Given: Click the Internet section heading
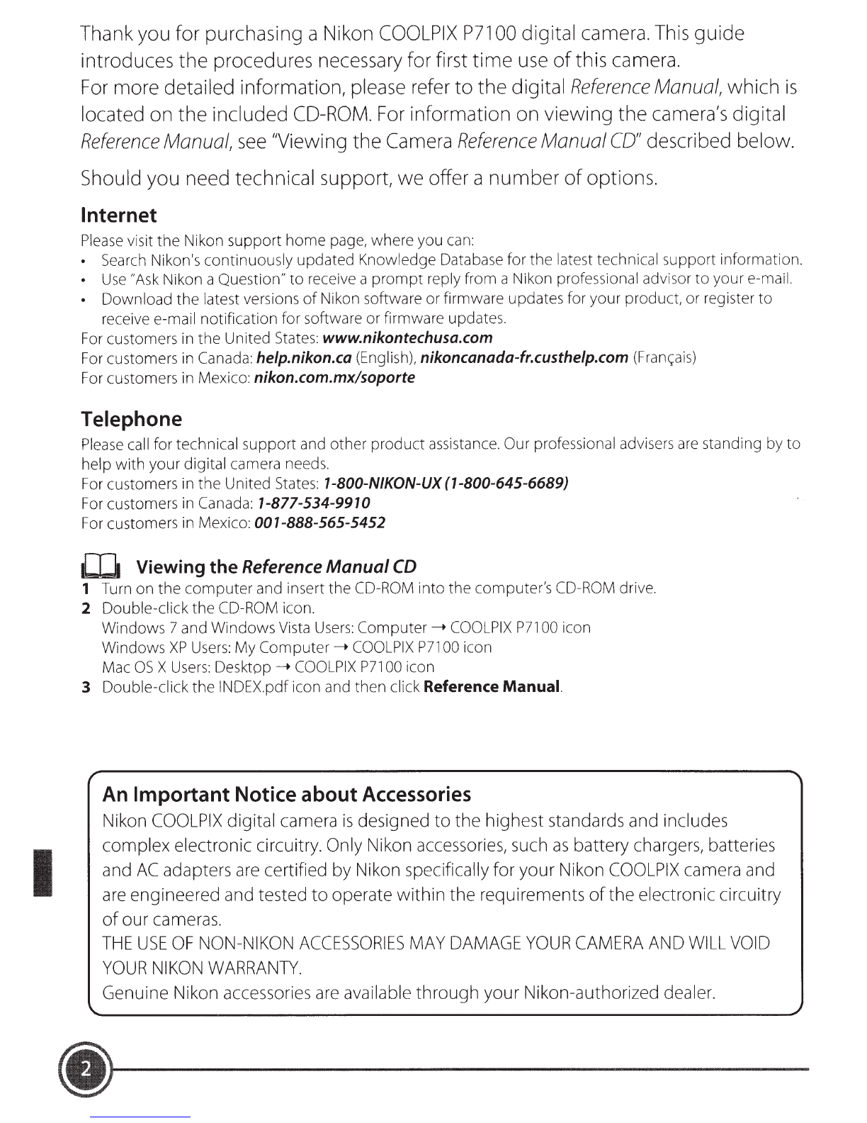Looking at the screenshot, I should pos(119,215).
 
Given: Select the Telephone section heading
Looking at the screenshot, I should pos(132,419).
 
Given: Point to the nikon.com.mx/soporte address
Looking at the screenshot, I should pos(334,377).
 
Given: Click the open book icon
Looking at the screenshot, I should pos(102,567).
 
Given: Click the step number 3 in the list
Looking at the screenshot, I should pos(86,687).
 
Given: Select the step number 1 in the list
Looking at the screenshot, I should pos(85,588).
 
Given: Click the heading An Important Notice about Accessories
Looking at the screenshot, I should pos(287,793).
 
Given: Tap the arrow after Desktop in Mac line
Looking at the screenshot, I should pos(282,667).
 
